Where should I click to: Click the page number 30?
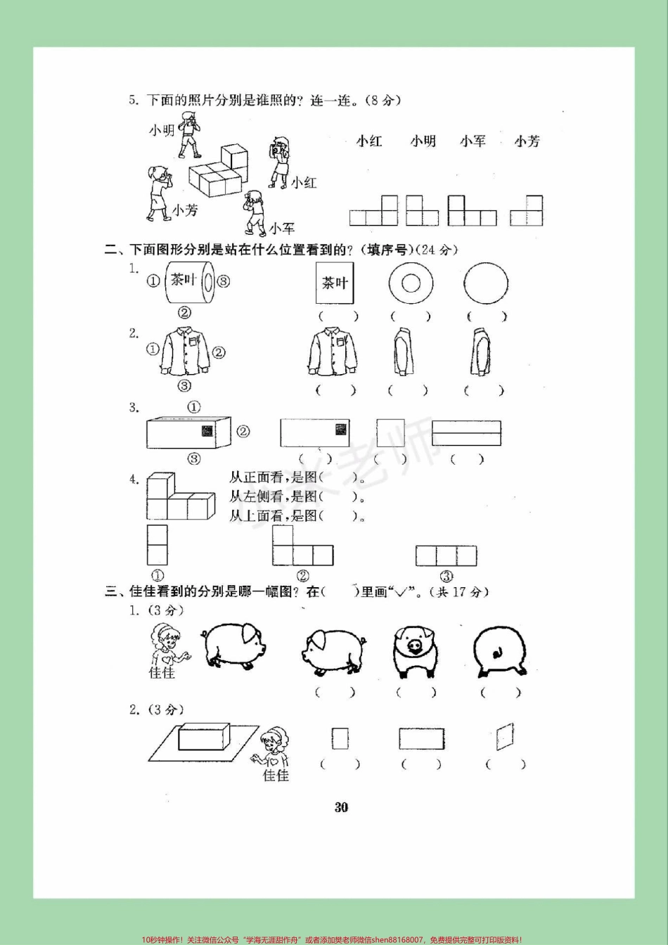coord(341,807)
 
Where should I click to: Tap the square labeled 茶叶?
coord(335,283)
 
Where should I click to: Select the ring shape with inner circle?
coord(411,284)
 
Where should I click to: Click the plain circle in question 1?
coord(486,284)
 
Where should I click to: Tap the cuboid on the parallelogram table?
coord(204,737)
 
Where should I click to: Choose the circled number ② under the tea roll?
coord(184,313)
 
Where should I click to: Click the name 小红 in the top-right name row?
coord(368,141)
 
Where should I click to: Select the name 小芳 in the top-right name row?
coord(527,141)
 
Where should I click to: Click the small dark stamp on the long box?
coord(207,430)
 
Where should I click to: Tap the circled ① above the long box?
coord(193,407)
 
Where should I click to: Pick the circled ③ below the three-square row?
coord(447,577)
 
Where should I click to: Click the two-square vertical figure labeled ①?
coord(158,545)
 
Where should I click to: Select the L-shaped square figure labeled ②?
coord(302,546)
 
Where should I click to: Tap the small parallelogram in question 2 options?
coord(505,737)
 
